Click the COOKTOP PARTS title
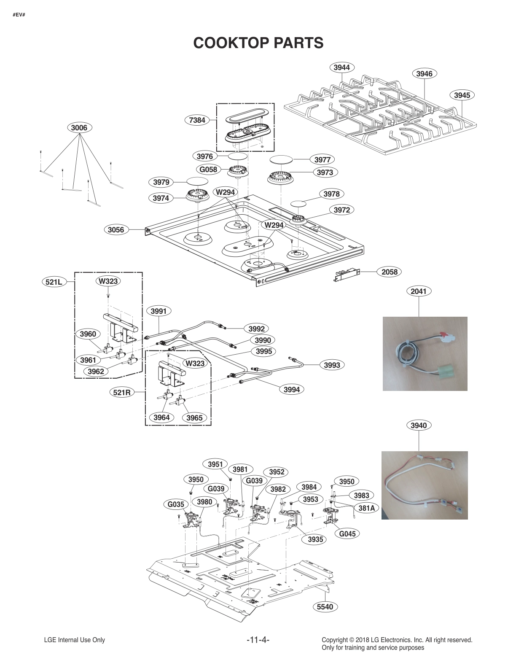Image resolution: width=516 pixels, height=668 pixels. [258, 43]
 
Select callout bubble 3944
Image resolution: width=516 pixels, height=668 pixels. [341, 67]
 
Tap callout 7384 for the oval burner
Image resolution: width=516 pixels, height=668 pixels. [197, 120]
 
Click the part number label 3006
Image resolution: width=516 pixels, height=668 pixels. [79, 127]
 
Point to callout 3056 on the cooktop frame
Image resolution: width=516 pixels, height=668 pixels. [116, 229]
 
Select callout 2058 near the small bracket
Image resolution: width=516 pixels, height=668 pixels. [389, 272]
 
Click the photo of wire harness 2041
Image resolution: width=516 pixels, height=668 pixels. [425, 353]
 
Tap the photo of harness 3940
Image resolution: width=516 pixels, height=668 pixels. [425, 485]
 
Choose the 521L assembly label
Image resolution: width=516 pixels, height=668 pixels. [54, 281]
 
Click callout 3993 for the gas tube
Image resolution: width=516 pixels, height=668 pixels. [332, 365]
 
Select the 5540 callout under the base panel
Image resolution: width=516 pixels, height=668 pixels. [325, 606]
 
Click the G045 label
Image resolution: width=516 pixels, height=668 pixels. [348, 533]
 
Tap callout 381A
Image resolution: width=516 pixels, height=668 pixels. [366, 508]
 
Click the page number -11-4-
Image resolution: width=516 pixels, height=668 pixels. [258, 640]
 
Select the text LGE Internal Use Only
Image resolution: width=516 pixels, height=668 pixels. [74, 640]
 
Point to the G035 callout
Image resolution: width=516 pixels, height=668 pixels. [176, 504]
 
